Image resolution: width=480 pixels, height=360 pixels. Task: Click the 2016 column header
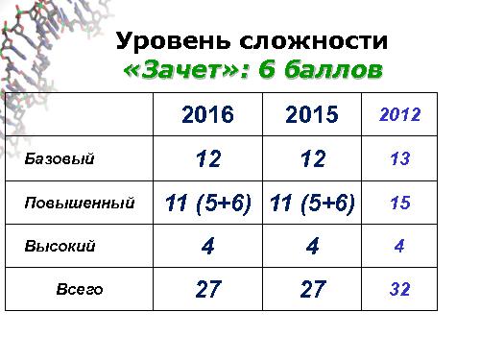click(207, 115)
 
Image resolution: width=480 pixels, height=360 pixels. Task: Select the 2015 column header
click(312, 115)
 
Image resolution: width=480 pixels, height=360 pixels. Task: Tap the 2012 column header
click(400, 114)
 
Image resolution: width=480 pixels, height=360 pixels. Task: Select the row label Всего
click(80, 289)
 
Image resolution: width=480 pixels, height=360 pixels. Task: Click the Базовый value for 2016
click(207, 159)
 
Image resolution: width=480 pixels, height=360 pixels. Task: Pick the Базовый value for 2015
click(312, 159)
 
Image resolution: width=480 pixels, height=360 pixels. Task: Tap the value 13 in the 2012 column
click(400, 159)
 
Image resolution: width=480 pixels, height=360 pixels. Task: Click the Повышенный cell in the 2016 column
click(207, 204)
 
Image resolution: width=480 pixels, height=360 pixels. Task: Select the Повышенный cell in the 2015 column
click(312, 204)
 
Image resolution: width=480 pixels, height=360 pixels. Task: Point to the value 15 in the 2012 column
click(400, 204)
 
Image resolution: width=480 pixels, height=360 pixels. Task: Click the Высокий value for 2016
click(207, 247)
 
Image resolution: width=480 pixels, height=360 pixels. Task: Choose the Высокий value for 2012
click(399, 246)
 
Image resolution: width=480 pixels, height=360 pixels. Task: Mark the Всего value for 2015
click(312, 289)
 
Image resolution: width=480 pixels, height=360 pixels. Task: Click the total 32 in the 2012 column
click(400, 289)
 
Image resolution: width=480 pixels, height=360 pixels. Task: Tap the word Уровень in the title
click(169, 42)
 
